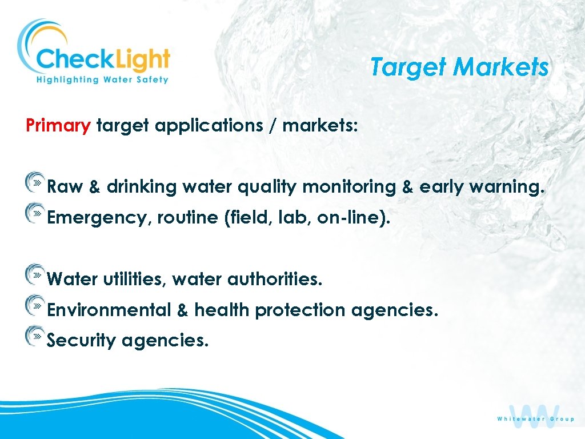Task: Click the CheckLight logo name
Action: click(x=103, y=59)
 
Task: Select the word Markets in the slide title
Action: click(x=500, y=67)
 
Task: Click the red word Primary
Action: click(x=58, y=125)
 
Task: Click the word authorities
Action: click(x=275, y=279)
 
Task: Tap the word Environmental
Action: click(x=109, y=310)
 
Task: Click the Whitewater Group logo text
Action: click(x=535, y=419)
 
